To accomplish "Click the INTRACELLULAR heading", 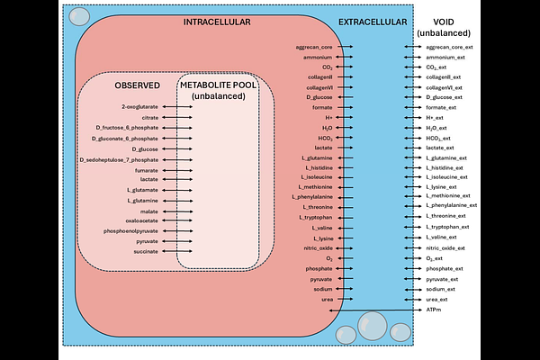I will pos(216,22).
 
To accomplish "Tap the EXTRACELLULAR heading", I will pos(371,22).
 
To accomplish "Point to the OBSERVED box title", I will pos(137,85).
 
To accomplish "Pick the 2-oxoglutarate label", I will pos(139,107).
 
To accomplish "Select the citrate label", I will pos(149,118).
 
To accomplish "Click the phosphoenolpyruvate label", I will pos(131,231).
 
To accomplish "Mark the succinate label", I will pos(146,252).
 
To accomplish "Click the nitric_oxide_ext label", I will pos(445,247).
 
